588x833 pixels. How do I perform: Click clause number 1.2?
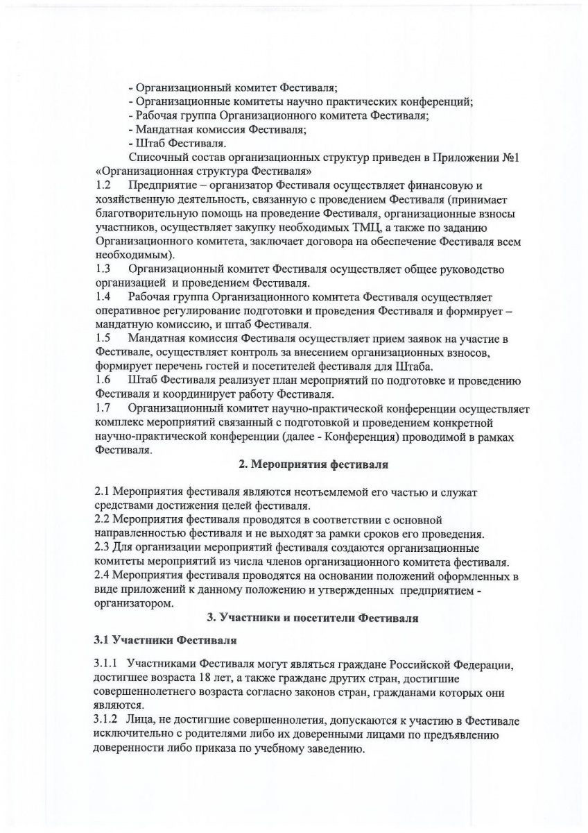tap(103, 185)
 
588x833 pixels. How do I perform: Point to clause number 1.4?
tap(103, 296)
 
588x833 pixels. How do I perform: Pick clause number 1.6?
tap(103, 380)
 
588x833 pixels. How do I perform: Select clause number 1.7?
tap(103, 408)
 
